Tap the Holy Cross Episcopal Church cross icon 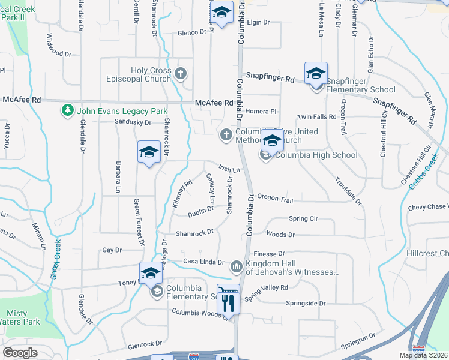181,74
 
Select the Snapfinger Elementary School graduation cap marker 316,75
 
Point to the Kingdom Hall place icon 236,265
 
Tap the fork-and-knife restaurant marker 228,299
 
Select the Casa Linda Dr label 203,262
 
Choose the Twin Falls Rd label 318,116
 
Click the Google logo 20,353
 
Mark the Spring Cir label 303,219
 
